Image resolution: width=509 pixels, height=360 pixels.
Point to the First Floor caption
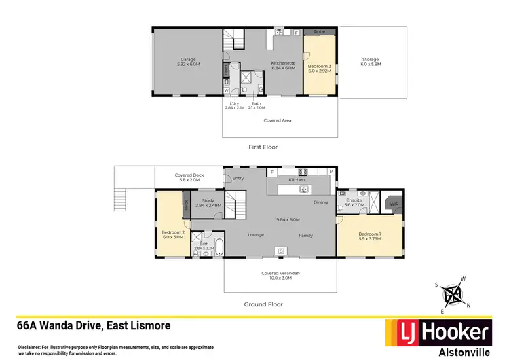263,147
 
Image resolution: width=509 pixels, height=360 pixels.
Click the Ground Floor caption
263,304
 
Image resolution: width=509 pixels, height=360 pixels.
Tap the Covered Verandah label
281,274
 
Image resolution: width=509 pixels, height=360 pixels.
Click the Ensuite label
354,202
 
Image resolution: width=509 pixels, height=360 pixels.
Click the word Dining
320,202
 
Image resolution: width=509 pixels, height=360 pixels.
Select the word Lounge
256,235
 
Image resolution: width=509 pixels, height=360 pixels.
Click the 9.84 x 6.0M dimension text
288,219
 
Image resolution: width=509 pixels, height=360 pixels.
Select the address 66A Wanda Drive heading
94,326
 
